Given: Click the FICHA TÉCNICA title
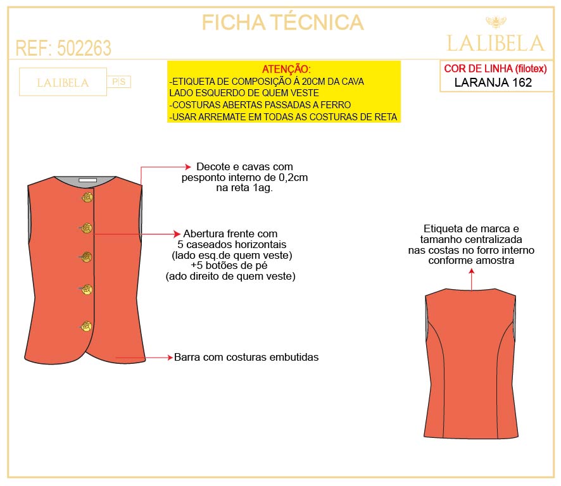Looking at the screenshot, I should (282, 23).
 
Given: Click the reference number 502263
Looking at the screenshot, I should (84, 48).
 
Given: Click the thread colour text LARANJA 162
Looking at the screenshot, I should (493, 82).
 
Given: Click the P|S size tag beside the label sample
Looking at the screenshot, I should (119, 82).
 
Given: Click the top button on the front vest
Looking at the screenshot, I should (87, 198).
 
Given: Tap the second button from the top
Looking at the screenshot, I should (87, 228).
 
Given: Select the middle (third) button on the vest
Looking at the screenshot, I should (87, 257).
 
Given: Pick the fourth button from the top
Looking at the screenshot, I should (87, 290).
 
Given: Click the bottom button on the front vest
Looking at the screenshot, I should (87, 327).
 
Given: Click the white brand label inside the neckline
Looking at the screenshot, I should (87, 181).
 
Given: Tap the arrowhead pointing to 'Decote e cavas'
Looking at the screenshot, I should (187, 167).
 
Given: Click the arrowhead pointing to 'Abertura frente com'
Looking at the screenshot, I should (179, 234).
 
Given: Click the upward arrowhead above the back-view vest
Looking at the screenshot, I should (472, 270).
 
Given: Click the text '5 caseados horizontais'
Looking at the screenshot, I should (232, 244).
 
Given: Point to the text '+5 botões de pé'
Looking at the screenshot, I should (230, 266).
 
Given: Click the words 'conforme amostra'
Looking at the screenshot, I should (471, 260).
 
